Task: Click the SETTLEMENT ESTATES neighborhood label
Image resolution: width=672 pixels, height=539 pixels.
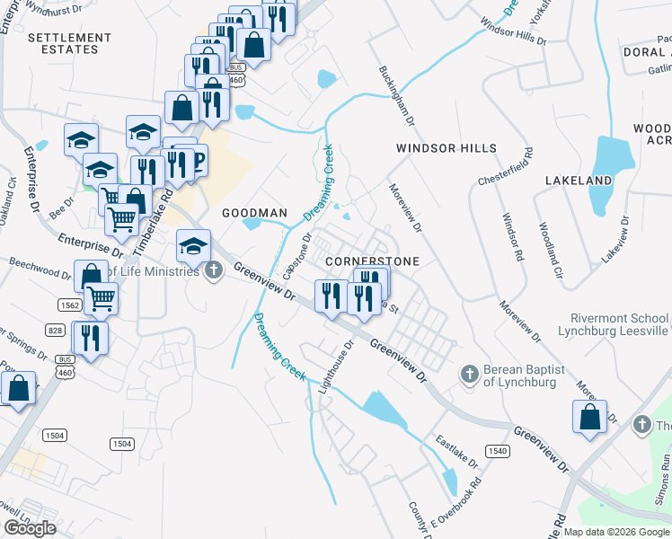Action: tap(63, 43)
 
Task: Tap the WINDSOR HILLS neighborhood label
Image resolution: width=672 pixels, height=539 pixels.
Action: tap(447, 148)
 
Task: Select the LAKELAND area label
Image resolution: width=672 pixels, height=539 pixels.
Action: tap(579, 181)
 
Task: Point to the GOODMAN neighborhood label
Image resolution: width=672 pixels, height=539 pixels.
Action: tap(254, 213)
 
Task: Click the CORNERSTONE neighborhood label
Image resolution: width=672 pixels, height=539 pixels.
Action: tap(372, 261)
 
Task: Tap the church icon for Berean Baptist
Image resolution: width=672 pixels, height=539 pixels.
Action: tap(467, 373)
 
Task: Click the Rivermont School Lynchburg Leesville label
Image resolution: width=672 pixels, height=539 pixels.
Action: tap(620, 324)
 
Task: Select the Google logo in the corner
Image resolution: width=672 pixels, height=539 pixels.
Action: tap(30, 528)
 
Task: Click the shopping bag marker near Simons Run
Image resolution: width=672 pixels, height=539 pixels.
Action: tap(588, 418)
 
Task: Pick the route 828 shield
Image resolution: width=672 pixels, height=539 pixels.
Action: tap(55, 331)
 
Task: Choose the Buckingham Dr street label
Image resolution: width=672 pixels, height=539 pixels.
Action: tap(395, 94)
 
